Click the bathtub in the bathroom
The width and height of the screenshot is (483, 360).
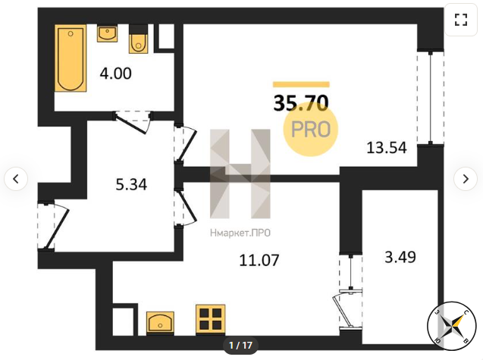[71, 58]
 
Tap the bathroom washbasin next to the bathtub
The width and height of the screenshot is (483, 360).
[107, 33]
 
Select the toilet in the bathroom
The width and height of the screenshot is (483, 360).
[138, 39]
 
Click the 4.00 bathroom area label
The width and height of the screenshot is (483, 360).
[115, 74]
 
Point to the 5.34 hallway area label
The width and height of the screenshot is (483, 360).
[131, 184]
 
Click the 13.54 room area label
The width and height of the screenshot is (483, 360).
[387, 148]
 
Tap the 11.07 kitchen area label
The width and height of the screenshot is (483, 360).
[259, 260]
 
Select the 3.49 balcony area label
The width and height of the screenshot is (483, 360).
[400, 257]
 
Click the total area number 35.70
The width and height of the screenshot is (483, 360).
[301, 103]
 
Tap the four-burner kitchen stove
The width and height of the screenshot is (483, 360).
[211, 319]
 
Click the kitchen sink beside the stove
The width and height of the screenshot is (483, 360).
[160, 322]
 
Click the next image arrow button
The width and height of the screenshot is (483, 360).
[466, 179]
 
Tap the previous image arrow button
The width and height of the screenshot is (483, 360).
[16, 179]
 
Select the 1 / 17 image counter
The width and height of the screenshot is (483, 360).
[240, 345]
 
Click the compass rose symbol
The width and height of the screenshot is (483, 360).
[452, 326]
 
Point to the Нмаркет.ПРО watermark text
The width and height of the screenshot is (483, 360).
[240, 233]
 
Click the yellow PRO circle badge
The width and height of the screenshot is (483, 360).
[311, 129]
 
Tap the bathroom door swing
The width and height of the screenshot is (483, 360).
[133, 123]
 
